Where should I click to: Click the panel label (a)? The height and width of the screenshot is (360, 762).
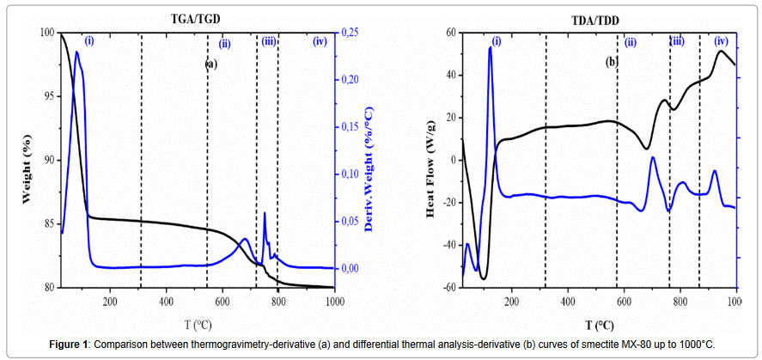[x=210, y=63]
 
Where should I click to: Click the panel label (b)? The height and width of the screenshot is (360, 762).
[x=611, y=62]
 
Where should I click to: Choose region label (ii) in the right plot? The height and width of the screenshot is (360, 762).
[x=631, y=42]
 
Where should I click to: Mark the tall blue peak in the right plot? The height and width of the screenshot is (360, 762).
[x=490, y=48]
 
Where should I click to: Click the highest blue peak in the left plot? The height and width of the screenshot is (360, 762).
[x=76, y=52]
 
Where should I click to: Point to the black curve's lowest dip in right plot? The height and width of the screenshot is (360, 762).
[x=484, y=278]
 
